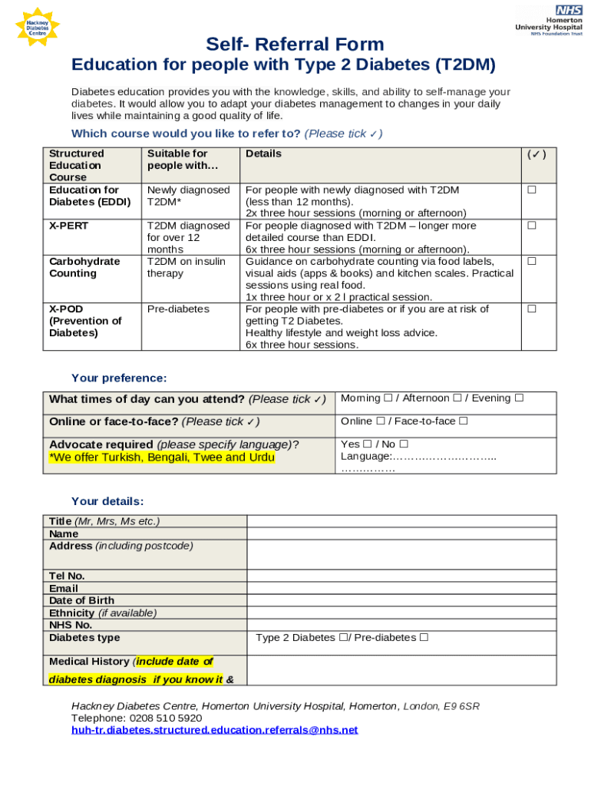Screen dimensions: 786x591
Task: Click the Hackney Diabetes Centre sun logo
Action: [37, 28]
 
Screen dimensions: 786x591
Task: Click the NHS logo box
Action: [569, 10]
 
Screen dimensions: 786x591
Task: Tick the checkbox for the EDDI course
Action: [531, 190]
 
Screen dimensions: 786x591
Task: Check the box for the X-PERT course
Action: [531, 226]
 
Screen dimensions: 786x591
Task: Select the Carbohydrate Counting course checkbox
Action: [531, 262]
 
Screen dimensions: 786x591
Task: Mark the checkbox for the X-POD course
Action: [531, 309]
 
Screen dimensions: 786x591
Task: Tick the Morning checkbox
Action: [388, 398]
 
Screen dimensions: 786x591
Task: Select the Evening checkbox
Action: [519, 398]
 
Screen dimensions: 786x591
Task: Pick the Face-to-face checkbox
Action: [464, 421]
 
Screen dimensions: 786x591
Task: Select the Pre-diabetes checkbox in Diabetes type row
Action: [424, 637]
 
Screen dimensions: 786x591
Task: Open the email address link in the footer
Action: [214, 730]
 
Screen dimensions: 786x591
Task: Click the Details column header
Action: [263, 154]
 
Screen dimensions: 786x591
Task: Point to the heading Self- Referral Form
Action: [295, 45]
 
